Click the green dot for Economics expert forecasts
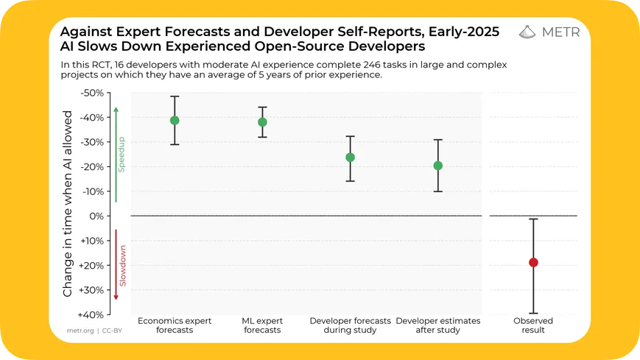(x=175, y=120)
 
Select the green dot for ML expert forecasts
(x=262, y=122)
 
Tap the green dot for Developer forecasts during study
(x=350, y=157)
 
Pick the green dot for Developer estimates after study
(x=438, y=166)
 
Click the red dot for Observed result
(x=533, y=262)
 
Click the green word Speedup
(x=123, y=154)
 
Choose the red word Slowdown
(x=123, y=266)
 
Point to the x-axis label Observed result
(x=533, y=325)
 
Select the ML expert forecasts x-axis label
(x=262, y=325)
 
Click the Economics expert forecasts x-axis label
(x=175, y=325)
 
